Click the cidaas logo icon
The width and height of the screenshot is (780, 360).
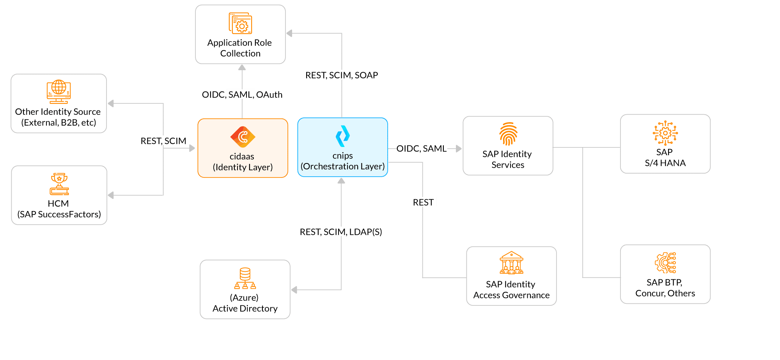(243, 137)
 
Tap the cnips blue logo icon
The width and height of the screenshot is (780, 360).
(343, 136)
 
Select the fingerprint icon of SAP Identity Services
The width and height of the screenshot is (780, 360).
(508, 134)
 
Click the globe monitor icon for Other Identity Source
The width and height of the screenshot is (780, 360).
(59, 92)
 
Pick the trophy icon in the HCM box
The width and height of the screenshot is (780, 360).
(59, 184)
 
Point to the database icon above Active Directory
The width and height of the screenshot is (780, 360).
(245, 278)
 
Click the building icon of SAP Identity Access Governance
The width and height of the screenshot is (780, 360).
(511, 263)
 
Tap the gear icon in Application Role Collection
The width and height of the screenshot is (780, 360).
(241, 24)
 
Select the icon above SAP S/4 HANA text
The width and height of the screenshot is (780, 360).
(665, 133)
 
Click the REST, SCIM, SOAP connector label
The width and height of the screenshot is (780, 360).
(342, 75)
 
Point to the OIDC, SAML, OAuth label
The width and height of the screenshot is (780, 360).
(242, 94)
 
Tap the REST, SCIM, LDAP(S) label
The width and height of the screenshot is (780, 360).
(341, 232)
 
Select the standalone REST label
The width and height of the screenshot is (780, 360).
(423, 202)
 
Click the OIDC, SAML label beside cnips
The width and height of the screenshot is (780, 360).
(421, 148)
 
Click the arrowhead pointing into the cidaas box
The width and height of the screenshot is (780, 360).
(192, 148)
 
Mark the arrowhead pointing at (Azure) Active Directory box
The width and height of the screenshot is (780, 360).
(294, 290)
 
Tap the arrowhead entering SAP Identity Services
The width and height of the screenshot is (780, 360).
(459, 149)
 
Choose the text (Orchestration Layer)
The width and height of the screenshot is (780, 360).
(342, 166)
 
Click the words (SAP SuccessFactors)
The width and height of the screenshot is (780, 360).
(59, 214)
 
